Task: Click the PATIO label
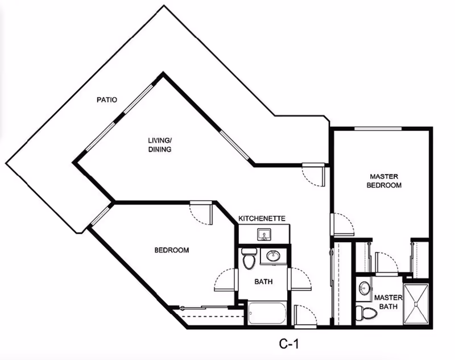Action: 106,100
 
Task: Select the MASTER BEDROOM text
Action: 384,181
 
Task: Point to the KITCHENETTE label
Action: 262,218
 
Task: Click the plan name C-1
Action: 289,344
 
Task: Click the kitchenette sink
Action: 264,234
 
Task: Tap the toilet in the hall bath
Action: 249,259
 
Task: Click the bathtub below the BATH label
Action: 268,312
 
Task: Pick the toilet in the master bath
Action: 366,312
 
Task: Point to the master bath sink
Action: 364,289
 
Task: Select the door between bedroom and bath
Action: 225,279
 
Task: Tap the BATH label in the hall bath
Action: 263,281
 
